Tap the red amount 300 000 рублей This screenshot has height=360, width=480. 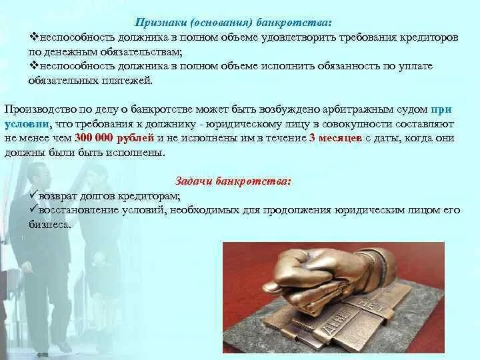point(114,138)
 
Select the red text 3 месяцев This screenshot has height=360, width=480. point(335,138)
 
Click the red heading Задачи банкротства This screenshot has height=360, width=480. point(233,181)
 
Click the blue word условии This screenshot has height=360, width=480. point(27,124)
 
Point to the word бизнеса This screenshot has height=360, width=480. point(49,225)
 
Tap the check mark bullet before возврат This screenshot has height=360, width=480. point(33,195)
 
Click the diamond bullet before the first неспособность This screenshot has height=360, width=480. point(34,37)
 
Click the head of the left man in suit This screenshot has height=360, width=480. point(37,173)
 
